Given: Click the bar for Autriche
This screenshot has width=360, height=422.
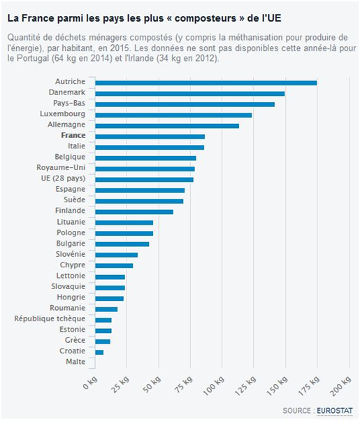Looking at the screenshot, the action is point(206,83).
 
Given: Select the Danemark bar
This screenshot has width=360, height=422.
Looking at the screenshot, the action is point(190,94).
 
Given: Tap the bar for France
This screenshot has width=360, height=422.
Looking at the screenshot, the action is point(150,136).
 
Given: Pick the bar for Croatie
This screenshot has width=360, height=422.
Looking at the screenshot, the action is point(99,352).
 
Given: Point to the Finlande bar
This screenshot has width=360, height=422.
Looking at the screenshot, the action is point(134,212).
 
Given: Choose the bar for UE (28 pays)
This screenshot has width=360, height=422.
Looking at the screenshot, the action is point(145,180).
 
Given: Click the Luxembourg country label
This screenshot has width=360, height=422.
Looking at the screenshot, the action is point(63,114).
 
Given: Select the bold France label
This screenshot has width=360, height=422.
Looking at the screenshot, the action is point(73,135).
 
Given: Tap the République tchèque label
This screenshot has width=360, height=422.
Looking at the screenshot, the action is point(50,319).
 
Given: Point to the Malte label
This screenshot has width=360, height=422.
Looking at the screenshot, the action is point(75,361).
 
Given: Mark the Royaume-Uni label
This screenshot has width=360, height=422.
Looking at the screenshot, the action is point(61,168).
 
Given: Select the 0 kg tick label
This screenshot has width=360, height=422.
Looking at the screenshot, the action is point(90,383).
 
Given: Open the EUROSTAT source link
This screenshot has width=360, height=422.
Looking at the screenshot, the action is point(334,411).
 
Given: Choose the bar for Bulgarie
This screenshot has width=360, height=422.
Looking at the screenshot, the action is point(122,244).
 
